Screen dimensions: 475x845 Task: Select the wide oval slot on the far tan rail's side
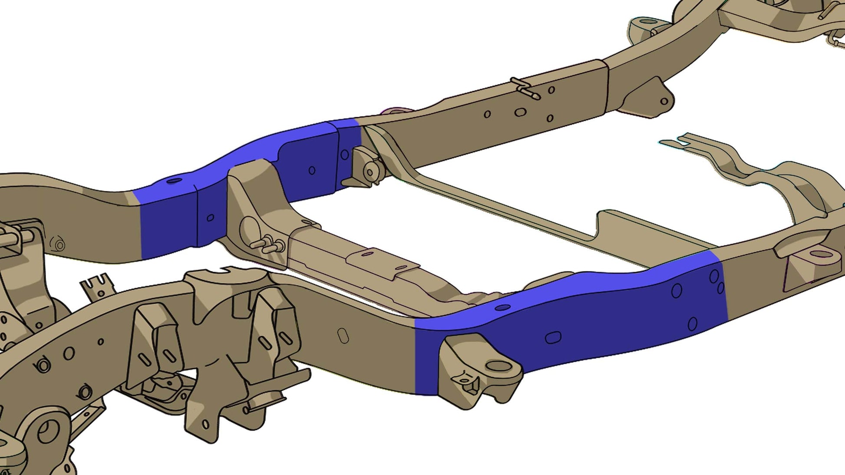click(x=520, y=112)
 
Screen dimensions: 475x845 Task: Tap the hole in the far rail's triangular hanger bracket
click(x=664, y=102)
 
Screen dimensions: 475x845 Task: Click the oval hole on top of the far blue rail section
click(x=175, y=180)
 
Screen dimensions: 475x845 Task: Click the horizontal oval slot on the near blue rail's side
click(x=553, y=337)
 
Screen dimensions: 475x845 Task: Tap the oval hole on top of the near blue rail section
click(x=502, y=307)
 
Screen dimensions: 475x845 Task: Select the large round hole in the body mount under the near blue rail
click(x=499, y=366)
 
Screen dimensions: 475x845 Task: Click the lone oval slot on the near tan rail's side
click(x=343, y=336)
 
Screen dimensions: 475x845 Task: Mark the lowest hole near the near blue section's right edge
click(x=693, y=323)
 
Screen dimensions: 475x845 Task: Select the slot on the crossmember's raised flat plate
click(x=368, y=254)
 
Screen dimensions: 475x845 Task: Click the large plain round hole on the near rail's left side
click(x=69, y=353)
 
